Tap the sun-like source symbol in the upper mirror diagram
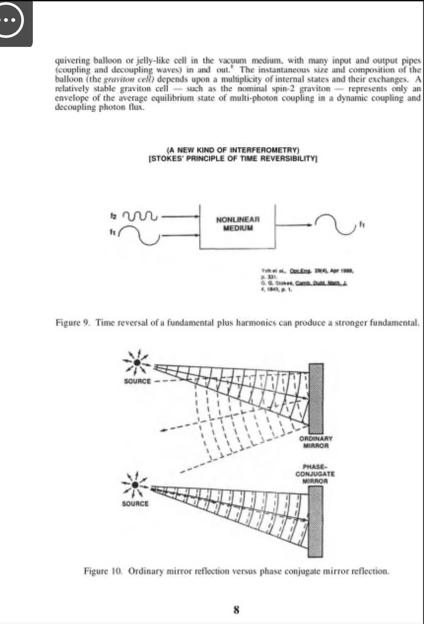point(136,362)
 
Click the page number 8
point(236,609)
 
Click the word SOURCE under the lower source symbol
point(135,504)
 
